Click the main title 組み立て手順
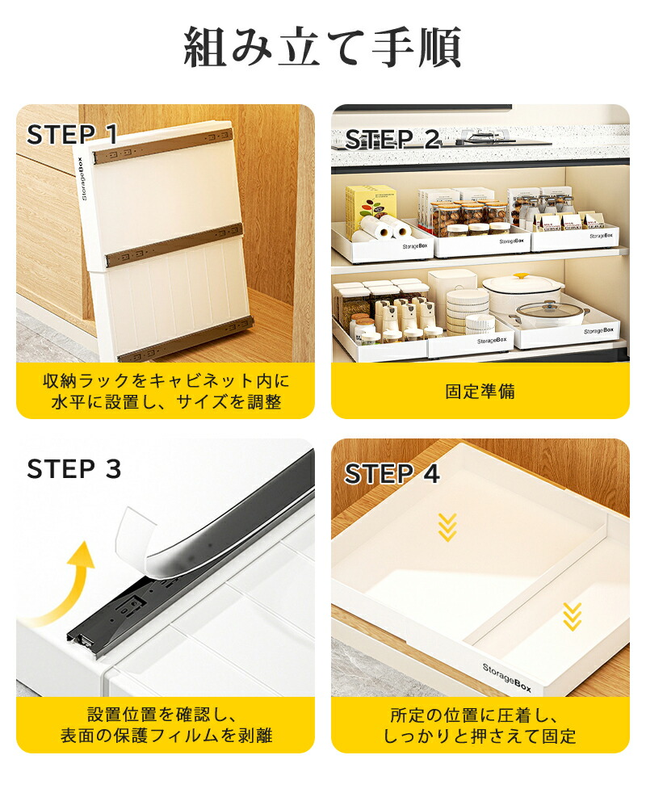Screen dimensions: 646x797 (322, 47)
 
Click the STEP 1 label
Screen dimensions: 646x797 (72, 135)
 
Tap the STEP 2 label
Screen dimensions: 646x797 (392, 139)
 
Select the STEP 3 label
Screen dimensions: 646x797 (74, 468)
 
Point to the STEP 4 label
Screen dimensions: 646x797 (392, 474)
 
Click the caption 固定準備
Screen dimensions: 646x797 (480, 392)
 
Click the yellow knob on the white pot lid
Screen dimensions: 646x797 (521, 278)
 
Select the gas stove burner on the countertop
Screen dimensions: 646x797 (482, 137)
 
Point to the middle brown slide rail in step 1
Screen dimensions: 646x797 (173, 245)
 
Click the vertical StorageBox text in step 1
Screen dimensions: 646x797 (82, 178)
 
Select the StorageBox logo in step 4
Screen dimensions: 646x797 (507, 677)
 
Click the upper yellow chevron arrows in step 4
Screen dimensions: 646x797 (447, 527)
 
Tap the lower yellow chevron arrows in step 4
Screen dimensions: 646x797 (573, 617)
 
